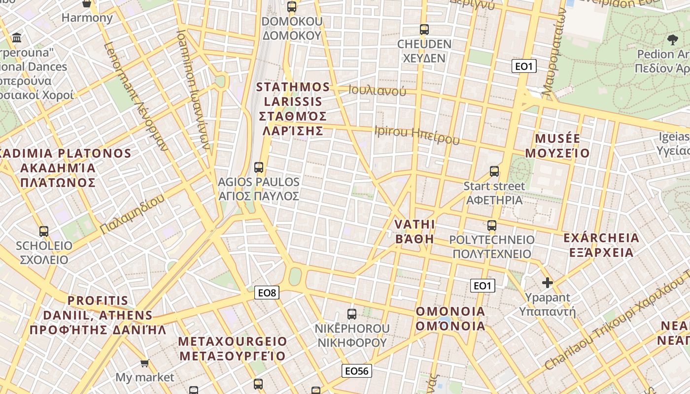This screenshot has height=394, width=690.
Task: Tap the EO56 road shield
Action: [357, 371]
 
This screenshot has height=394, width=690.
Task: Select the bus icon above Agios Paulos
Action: [259, 167]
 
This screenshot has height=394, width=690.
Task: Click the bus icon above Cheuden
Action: [424, 30]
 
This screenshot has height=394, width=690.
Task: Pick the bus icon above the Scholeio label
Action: [44, 231]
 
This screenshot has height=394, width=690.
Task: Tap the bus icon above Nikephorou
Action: [352, 314]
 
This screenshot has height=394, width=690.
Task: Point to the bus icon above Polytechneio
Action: [492, 226]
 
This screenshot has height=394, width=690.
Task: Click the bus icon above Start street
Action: [494, 171]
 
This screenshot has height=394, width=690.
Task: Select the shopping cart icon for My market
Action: [144, 363]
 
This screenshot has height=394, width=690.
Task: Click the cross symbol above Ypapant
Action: [547, 283]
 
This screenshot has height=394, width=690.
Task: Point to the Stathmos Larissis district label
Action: [293, 109]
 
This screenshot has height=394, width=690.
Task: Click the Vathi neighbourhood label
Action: [414, 231]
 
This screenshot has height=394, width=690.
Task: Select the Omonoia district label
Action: [450, 319]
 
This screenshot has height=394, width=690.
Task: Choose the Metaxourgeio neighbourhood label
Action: [232, 348]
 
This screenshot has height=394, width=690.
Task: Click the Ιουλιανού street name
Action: [377, 91]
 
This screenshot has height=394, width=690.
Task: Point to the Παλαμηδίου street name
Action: [132, 215]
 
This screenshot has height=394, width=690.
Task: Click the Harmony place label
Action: [87, 18]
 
